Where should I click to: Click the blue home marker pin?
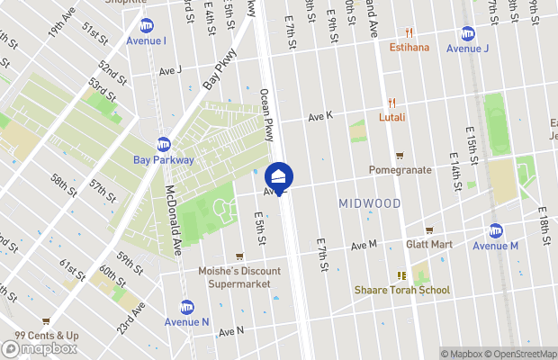(x=280, y=176)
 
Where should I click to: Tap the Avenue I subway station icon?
(x=146, y=25)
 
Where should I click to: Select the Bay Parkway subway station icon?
(x=163, y=144)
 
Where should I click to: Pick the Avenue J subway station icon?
(x=467, y=33)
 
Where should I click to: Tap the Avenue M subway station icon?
(x=495, y=230)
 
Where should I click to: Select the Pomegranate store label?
(x=400, y=169)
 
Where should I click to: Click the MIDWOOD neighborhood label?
(x=370, y=204)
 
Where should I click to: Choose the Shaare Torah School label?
(x=402, y=290)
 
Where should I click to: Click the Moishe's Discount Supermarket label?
(x=239, y=277)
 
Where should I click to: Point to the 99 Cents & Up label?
(x=46, y=336)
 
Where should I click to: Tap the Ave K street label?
(x=320, y=117)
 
